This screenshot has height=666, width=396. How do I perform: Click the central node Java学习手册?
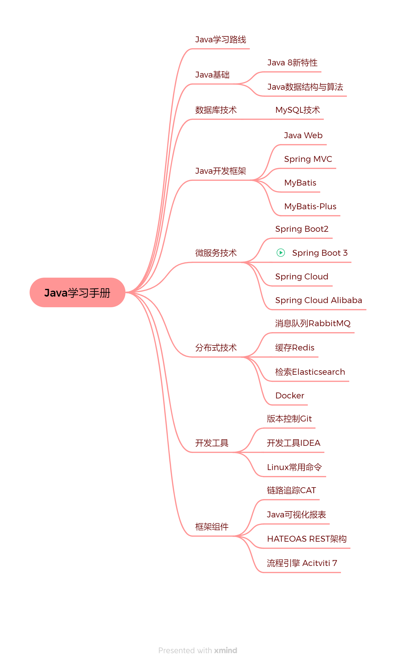78,292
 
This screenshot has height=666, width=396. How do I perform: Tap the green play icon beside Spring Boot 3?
281,252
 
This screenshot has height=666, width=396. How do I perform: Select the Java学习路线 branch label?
220,39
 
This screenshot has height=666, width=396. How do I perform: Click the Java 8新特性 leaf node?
292,62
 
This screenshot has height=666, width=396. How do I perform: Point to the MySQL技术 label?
298,110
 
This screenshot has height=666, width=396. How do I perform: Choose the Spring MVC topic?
308,159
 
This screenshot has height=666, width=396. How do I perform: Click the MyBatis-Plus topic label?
310,206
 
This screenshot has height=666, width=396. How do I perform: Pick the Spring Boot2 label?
302,229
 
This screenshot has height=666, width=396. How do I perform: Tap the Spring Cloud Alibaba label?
318,300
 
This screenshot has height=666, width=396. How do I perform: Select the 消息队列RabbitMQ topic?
313,323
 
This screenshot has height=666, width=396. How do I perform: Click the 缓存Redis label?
295,348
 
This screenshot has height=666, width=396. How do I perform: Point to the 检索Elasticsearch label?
310,372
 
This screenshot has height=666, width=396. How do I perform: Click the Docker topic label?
290,395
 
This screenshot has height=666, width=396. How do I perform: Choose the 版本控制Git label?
289,419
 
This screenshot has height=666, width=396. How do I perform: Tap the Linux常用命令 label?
294,467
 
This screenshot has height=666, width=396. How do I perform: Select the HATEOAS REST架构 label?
307,539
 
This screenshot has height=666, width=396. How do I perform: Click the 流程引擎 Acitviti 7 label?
302,563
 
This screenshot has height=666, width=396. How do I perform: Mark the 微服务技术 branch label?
216,253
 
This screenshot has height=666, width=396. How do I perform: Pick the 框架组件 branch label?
212,527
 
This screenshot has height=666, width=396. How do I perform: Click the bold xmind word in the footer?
226,650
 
